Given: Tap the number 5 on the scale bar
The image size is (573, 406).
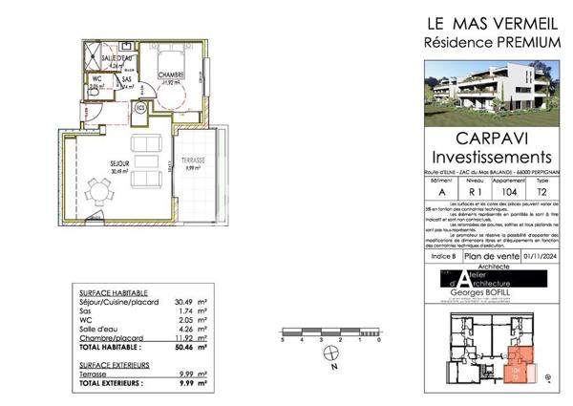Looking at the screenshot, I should click(283, 341).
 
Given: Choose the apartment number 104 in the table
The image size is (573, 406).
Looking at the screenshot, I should click(508, 191).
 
